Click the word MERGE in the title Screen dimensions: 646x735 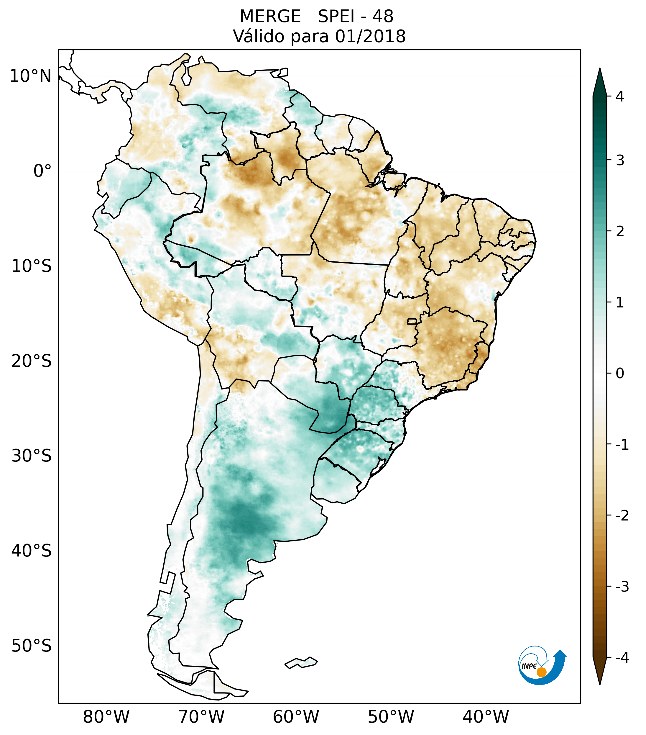click(x=270, y=17)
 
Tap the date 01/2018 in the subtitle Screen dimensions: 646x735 click(x=370, y=36)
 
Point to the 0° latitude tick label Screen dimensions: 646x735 click(x=42, y=171)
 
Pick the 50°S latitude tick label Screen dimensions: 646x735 click(x=32, y=646)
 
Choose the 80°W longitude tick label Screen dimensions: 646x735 click(x=106, y=717)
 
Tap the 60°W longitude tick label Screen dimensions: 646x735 click(x=296, y=717)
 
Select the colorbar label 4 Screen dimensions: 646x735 click(x=620, y=96)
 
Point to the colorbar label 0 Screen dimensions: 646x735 click(x=620, y=374)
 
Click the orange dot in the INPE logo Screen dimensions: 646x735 click(x=541, y=672)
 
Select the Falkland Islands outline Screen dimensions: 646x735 click(x=301, y=663)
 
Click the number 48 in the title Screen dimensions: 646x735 click(x=383, y=17)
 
